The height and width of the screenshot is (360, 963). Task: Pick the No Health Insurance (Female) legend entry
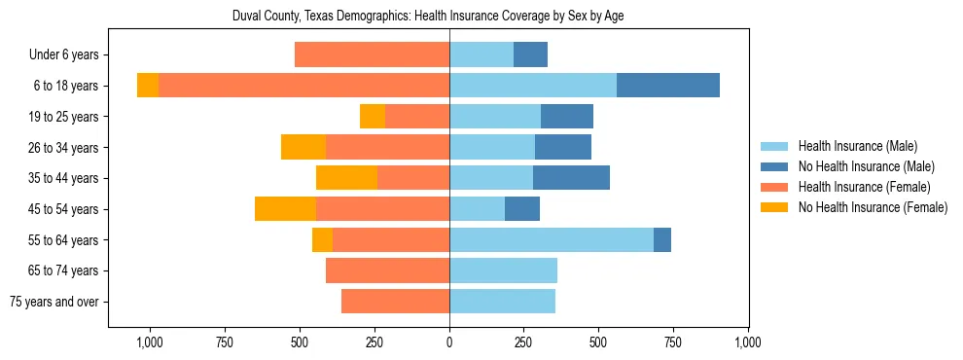coord(871,207)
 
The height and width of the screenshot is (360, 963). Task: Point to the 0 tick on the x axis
coord(449,342)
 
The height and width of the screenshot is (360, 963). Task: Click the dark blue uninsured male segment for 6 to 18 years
coord(668,86)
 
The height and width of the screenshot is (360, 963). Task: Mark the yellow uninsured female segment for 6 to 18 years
coord(148,86)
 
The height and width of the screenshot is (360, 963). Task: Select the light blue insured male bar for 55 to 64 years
coord(552,239)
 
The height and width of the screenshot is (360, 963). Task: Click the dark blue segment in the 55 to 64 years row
coord(662,239)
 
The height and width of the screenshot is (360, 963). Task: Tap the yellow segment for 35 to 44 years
coord(346,178)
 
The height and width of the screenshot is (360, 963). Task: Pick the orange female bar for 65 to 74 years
coord(387,270)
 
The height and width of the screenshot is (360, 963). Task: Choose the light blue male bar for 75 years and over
coord(502,302)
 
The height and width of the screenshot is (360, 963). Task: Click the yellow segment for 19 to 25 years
coord(373,117)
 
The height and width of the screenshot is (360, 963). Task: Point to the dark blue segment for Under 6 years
coord(530,55)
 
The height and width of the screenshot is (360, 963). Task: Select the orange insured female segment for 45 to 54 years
coord(382,209)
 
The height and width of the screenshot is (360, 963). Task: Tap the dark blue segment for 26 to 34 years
coord(563,147)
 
